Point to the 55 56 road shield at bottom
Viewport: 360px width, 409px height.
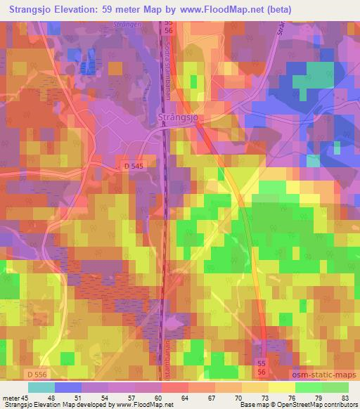(x=262, y=367)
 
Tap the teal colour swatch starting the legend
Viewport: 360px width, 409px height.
(x=41, y=388)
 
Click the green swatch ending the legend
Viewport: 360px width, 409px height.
(x=335, y=388)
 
